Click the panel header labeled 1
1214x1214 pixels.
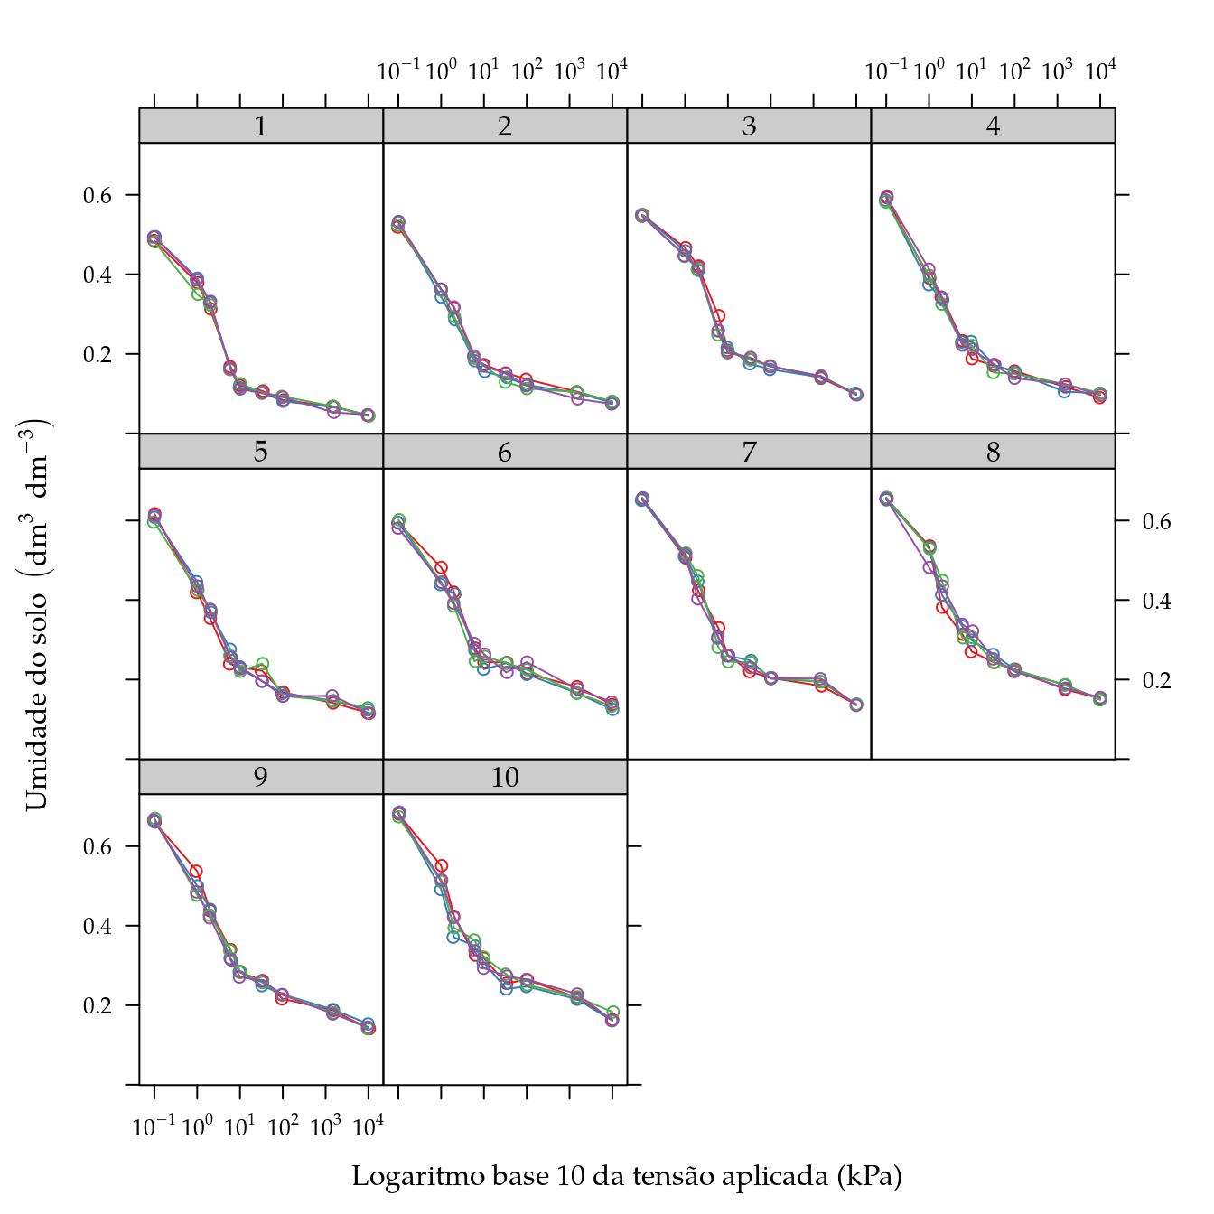(261, 126)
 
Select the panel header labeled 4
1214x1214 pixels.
(993, 126)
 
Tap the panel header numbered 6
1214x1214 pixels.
(505, 452)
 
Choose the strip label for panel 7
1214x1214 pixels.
(749, 452)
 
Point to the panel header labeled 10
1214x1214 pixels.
(505, 778)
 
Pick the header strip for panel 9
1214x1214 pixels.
(261, 778)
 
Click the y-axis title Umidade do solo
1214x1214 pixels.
(37, 614)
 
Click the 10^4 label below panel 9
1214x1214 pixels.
(368, 1126)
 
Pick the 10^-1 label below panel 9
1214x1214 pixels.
(154, 1126)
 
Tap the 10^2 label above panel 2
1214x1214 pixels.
(527, 70)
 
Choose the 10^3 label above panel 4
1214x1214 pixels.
(1057, 70)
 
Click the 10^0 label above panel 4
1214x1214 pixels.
(929, 70)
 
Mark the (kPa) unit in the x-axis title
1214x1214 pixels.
(870, 1176)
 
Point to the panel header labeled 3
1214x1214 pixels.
(749, 126)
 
